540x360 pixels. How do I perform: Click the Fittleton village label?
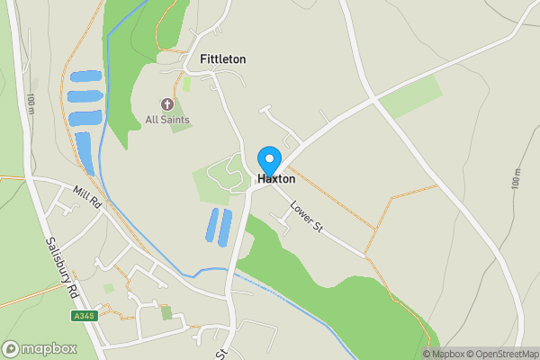222,59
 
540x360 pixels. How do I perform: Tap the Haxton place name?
276,179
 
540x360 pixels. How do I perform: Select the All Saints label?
167,120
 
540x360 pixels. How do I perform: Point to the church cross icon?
167,105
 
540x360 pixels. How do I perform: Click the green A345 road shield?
84,316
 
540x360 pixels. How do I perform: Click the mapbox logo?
37,349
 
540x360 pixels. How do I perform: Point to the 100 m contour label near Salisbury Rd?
31,103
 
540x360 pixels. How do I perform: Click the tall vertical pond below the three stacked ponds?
85,152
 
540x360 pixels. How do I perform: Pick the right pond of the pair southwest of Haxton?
225,227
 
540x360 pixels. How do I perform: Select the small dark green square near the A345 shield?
166,313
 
